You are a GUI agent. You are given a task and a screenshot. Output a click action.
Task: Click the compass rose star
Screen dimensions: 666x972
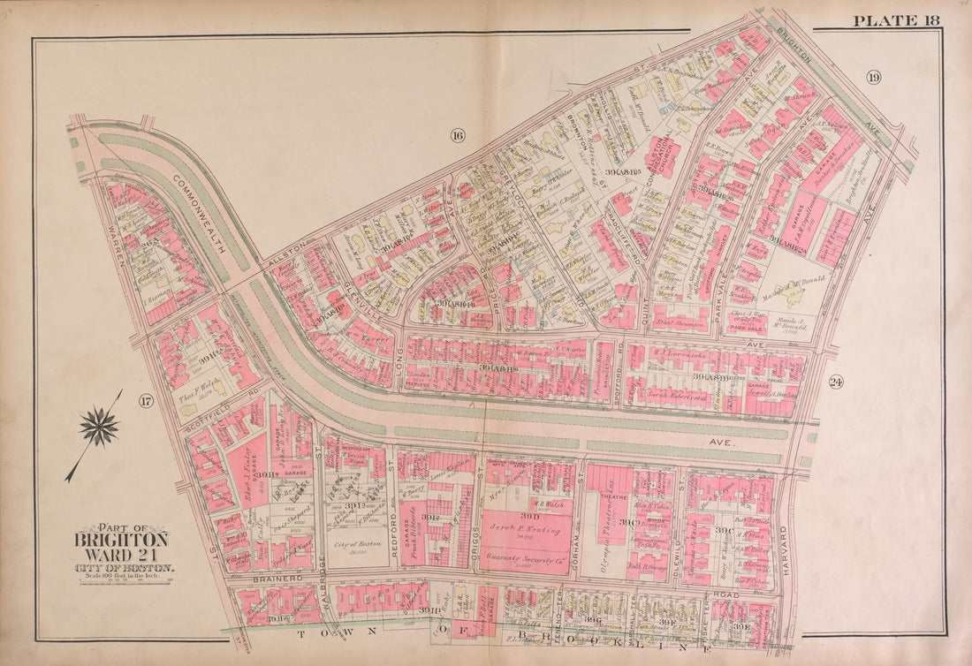[99, 428]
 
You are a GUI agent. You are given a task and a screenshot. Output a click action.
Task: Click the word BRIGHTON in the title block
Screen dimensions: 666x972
[120, 540]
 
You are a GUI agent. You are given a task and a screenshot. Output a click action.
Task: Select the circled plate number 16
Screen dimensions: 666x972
[456, 135]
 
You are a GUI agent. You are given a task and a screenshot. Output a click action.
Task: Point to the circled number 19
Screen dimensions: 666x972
[873, 78]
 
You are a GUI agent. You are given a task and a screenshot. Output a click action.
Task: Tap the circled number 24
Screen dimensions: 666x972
[835, 382]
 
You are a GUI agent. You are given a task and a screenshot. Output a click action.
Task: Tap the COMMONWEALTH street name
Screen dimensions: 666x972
[199, 208]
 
